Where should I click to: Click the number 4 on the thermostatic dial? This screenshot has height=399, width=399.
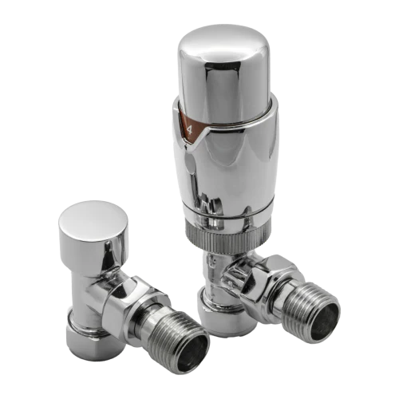189,130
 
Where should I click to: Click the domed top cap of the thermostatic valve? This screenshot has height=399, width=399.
223,73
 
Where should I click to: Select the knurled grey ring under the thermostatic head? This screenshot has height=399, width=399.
228,238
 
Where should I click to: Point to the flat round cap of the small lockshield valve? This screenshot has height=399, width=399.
93,217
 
